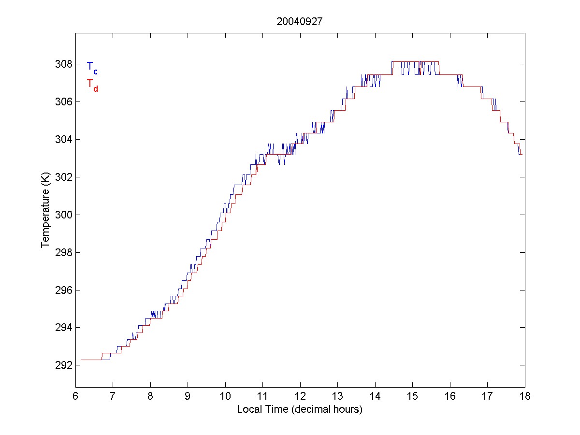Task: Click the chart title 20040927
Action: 300,22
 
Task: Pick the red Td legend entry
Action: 92,85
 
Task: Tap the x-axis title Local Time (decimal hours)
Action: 300,409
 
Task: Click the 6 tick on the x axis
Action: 75,396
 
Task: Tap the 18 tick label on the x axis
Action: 525,396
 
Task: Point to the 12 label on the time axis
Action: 300,396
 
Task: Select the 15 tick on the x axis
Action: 412,396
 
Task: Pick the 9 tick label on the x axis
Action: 188,396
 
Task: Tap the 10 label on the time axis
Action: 225,396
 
